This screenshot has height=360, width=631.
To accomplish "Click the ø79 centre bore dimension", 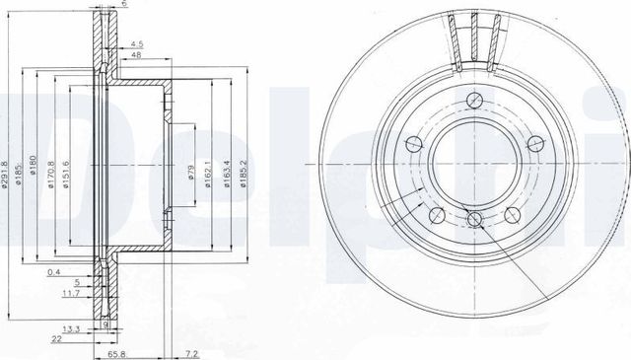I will coord(191,177).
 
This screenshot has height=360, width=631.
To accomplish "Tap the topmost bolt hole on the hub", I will coord(474,99).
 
